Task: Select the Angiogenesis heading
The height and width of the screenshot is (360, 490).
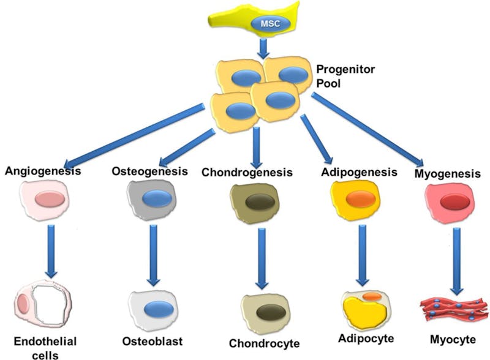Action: [42, 171]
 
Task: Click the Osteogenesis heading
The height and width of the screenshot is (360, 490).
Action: [149, 171]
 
